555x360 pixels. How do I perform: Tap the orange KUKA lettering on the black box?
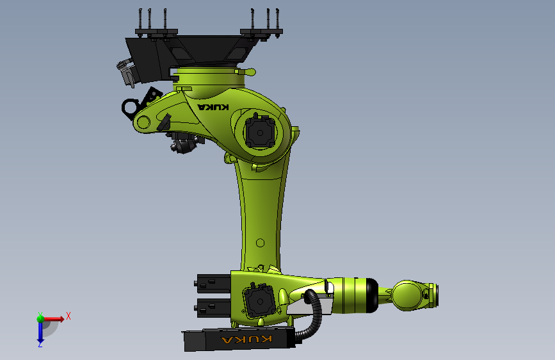point(246,339)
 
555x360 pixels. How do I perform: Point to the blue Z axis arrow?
point(40,332)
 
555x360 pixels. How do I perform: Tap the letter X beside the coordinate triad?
point(68,316)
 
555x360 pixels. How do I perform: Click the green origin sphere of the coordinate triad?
point(40,318)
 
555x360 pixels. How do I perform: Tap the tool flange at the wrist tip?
point(436,295)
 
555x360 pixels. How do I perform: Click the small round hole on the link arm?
point(259,243)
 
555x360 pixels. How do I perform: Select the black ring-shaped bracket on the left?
point(131,106)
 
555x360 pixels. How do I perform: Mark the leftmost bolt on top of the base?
point(140,20)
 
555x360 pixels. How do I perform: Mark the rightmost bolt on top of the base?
point(278,20)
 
